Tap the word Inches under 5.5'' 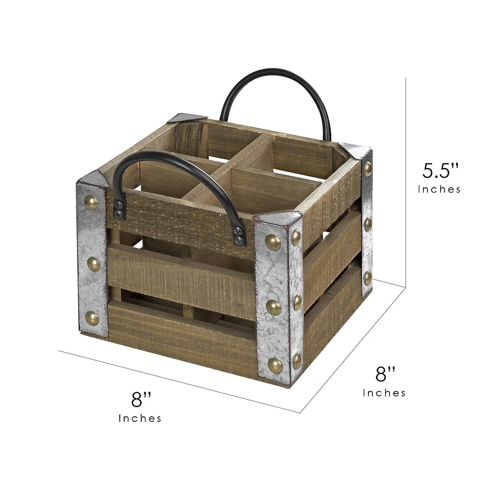point(439,189)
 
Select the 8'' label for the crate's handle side point(141,400)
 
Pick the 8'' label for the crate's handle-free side point(384,373)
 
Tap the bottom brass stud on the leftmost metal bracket point(92,317)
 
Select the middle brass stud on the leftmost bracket point(93,263)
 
